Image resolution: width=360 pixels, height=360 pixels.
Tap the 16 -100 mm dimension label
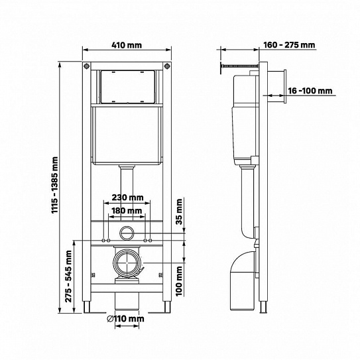click(x=310, y=92)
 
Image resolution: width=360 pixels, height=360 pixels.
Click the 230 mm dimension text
click(x=127, y=198)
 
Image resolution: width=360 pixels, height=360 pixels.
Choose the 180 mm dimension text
click(x=127, y=211)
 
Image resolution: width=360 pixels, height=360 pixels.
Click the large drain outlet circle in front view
click(x=127, y=264)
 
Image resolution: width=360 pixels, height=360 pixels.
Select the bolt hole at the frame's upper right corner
click(x=167, y=67)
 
